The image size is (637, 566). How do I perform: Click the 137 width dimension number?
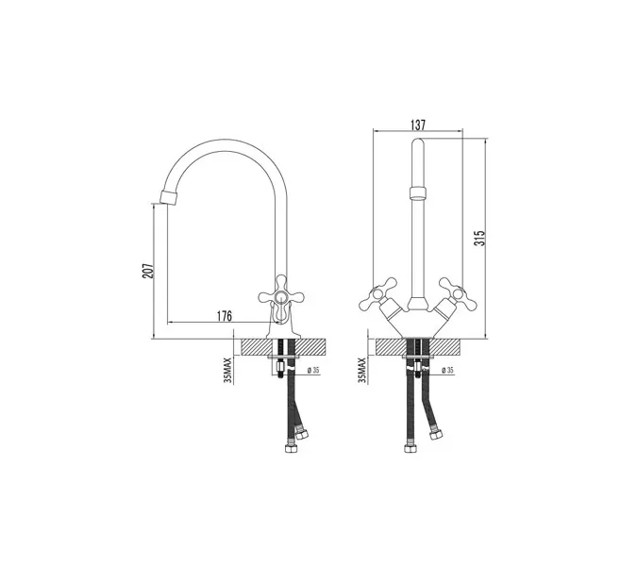coord(418,125)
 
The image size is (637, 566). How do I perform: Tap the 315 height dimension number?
coord(480,238)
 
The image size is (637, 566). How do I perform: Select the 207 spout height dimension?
coord(148,271)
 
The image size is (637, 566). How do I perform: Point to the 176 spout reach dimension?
coord(224,316)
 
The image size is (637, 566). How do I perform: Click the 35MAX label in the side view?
coord(227,371)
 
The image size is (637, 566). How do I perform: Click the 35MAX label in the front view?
coord(361,371)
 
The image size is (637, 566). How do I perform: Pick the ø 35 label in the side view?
coord(313,370)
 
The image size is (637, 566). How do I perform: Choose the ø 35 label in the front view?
coord(447,370)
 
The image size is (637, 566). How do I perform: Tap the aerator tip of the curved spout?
coord(169,198)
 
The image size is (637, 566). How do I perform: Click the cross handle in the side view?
coord(281,297)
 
